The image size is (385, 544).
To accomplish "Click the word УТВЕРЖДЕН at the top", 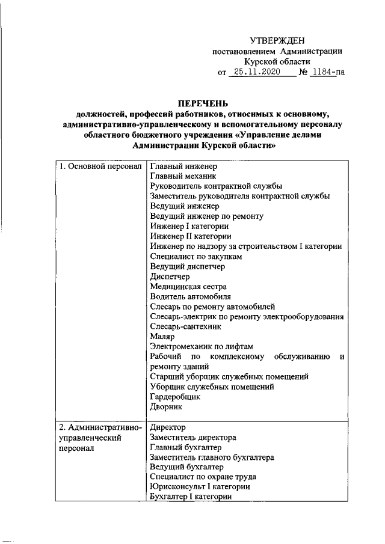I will (277, 40).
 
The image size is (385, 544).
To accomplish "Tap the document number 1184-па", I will (329, 73).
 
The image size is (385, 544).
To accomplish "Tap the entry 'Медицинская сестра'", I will (187, 287).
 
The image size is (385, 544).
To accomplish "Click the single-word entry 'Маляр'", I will (161, 337).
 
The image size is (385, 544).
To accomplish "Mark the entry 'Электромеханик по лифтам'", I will (202, 347).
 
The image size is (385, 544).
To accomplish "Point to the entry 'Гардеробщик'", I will (174, 397).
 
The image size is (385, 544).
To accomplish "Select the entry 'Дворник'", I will (165, 407).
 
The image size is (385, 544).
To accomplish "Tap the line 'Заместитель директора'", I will (192, 438).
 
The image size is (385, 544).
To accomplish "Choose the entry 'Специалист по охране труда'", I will (203, 477).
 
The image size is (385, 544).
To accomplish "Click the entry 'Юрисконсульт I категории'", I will (200, 487).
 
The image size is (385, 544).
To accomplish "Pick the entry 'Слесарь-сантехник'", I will (185, 327).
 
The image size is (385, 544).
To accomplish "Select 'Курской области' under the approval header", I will (277, 62).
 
